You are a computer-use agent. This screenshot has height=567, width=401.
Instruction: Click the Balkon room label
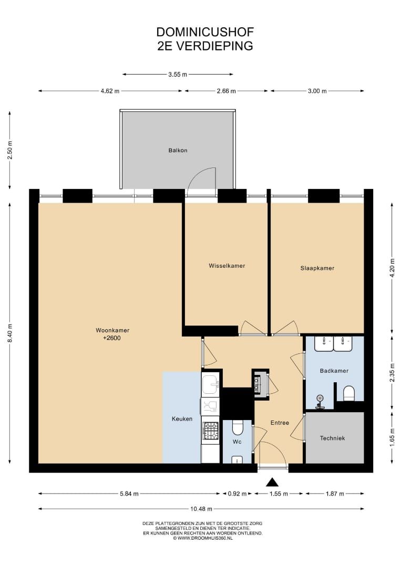point(178,151)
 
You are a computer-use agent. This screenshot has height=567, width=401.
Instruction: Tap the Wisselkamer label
point(227,266)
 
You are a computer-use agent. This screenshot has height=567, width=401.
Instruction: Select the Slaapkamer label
point(317,268)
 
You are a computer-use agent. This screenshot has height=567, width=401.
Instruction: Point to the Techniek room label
point(333,438)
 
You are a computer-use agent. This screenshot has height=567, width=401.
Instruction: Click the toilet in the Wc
point(238,427)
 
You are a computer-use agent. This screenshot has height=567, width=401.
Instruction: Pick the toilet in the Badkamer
point(349,393)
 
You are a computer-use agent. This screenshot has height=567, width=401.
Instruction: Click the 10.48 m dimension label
point(201,509)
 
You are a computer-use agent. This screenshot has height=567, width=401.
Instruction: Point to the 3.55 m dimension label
point(178,75)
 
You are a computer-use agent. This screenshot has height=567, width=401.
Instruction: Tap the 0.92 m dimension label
point(237,493)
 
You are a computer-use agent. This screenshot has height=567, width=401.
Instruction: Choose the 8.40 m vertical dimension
point(10,333)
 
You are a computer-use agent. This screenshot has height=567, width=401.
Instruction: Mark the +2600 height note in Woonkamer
point(112,338)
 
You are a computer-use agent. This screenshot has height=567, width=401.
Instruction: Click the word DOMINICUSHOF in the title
point(205,32)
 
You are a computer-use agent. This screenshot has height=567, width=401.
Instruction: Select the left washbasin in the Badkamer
point(324,344)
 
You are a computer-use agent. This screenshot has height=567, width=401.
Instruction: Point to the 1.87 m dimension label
point(335,493)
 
